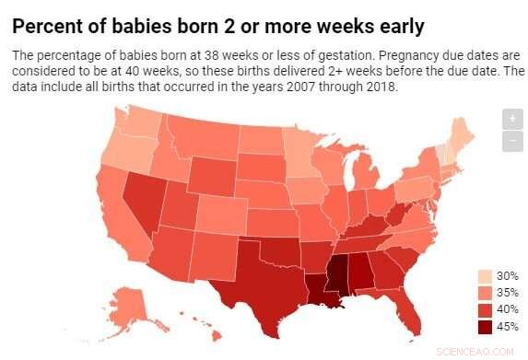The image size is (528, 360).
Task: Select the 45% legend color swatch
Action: click(485, 325)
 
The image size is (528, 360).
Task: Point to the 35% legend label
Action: click(507, 293)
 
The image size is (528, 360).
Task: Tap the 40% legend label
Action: click(507, 309)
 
